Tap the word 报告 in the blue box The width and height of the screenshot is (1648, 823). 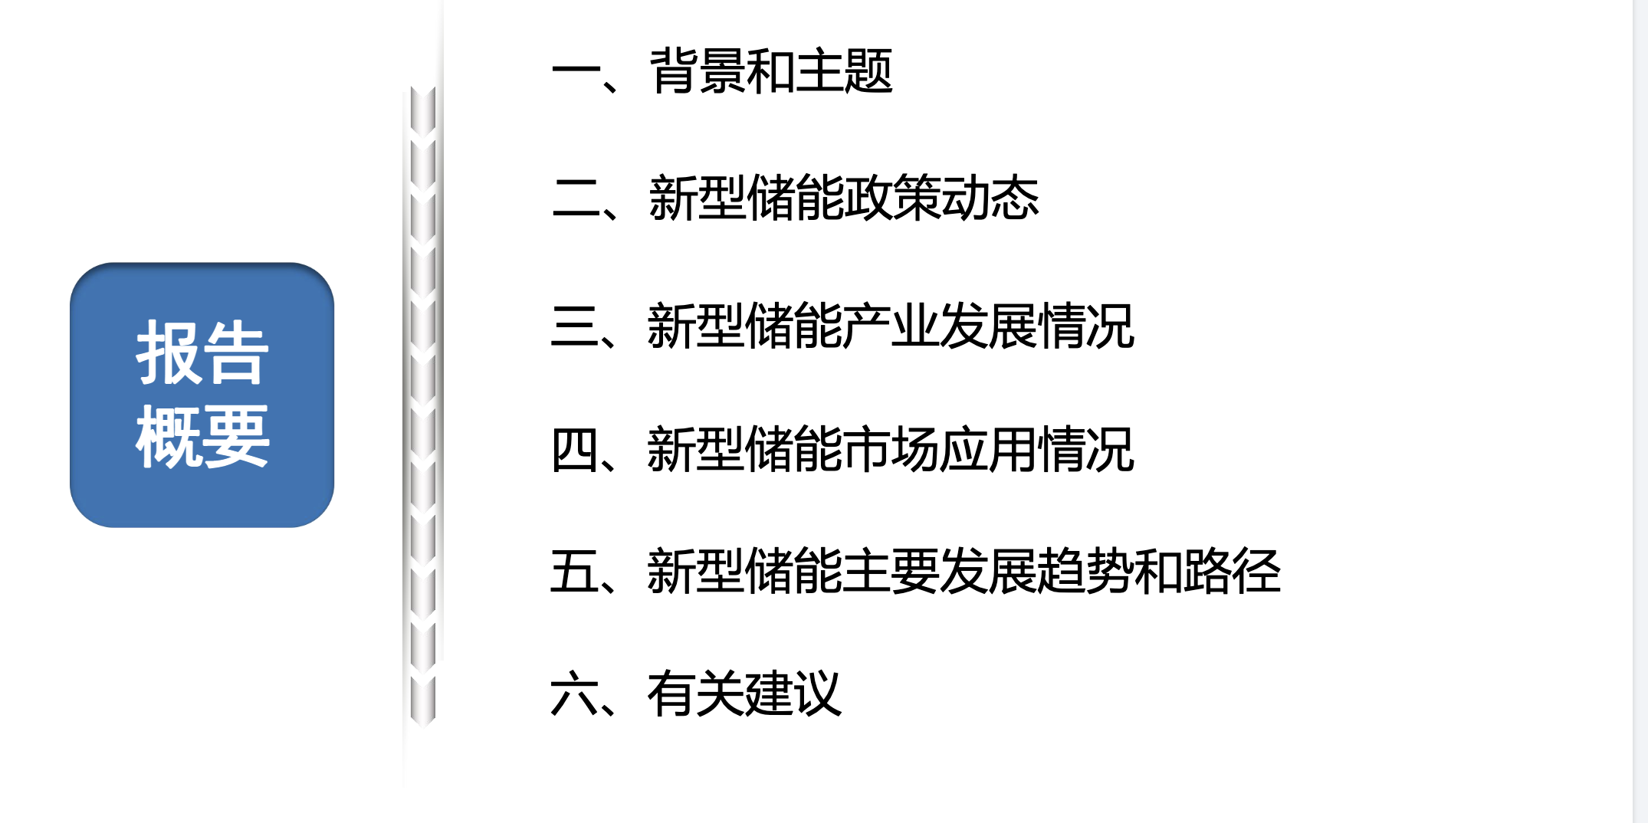coord(202,353)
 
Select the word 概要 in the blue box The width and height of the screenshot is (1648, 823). coord(202,437)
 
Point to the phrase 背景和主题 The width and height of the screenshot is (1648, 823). coord(771,71)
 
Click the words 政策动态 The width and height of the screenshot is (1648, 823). coord(941,198)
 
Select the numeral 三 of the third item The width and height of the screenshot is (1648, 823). coord(575,326)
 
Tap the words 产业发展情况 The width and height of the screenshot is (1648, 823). coord(988,326)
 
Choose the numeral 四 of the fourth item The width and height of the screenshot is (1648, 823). coord(575,450)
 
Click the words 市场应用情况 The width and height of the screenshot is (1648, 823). coord(988,450)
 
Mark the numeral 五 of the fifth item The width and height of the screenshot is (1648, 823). coord(575,572)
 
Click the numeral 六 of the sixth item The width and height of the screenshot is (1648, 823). coord(575,694)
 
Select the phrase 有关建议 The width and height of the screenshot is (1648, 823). coord(744,694)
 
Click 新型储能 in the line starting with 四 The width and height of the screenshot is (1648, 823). coord(744,450)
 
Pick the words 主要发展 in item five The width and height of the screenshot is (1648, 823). coord(939,572)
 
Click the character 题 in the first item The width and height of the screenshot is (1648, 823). coord(868,71)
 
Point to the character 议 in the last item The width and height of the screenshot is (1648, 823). coord(818,694)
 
